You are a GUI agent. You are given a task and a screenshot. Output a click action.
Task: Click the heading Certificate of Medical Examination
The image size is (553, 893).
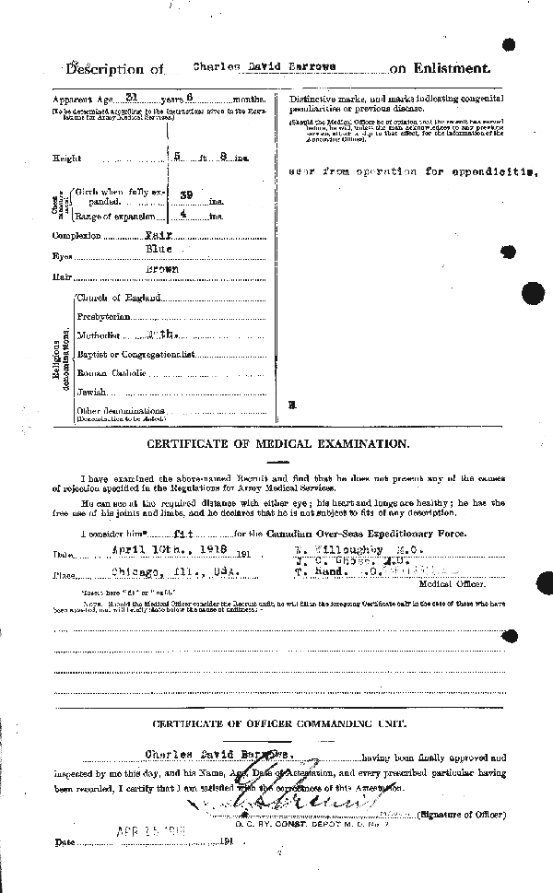click(x=276, y=443)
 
